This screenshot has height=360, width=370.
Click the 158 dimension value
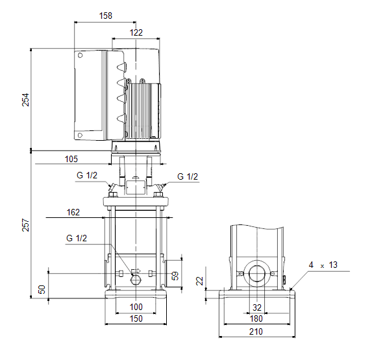pos(105,16)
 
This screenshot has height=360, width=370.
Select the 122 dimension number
pos(136,32)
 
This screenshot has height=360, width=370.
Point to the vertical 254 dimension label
pos(25,100)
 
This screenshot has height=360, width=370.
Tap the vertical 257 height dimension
pos(25,225)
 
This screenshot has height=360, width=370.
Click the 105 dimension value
pos(71,159)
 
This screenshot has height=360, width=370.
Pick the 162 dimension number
pos(73,212)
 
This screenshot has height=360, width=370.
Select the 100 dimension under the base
pos(136,307)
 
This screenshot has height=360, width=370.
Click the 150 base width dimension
pos(136,318)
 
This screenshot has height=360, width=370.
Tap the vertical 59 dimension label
pos(175,276)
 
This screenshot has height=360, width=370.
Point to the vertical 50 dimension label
pos(42,289)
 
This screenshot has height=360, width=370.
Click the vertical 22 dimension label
pos(200,281)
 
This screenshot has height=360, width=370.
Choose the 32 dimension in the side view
pos(257,307)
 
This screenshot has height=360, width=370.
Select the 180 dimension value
pos(256,318)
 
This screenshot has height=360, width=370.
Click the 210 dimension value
pos(256,331)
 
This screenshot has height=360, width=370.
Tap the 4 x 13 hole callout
pos(323,265)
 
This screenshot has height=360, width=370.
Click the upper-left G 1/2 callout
pos(87,175)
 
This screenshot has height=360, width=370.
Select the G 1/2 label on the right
pos(188,176)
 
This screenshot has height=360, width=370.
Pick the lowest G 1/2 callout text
pos(77,238)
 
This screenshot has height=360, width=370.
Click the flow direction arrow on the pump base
pos(136,270)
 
